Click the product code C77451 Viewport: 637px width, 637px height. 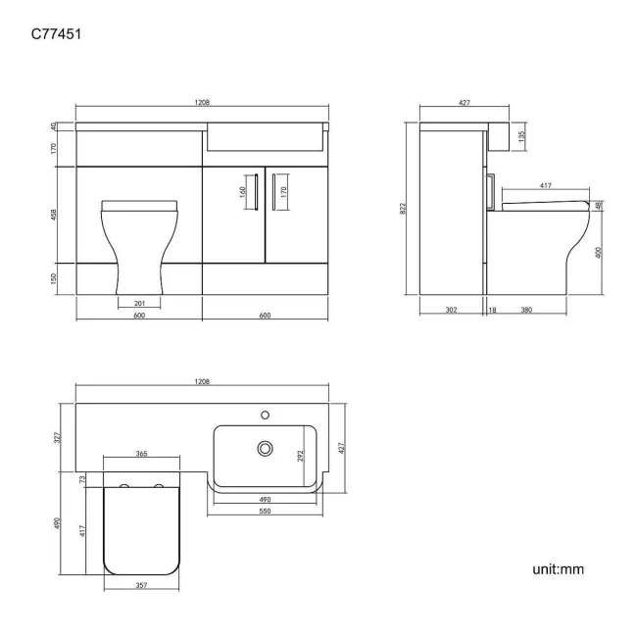tap(57, 33)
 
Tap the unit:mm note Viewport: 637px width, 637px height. tap(558, 569)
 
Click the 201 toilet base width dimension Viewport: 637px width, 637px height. tap(139, 303)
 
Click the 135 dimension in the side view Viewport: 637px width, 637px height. tap(521, 135)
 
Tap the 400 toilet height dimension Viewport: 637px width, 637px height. tap(598, 252)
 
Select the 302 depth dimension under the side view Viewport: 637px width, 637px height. tap(451, 310)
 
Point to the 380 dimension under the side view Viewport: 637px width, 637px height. tap(526, 310)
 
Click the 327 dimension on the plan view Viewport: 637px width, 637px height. tap(57, 437)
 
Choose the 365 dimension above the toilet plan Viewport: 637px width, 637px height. tap(141, 454)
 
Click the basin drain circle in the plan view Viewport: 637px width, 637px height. tap(263, 448)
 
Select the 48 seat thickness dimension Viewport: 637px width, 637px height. tap(598, 206)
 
